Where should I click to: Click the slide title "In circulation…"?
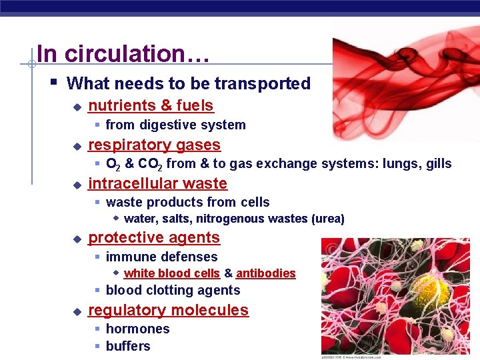[123, 53]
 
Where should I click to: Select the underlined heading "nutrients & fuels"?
[151, 105]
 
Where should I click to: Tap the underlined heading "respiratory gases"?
[154, 145]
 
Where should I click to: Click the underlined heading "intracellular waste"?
[157, 183]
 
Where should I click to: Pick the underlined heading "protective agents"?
[153, 237]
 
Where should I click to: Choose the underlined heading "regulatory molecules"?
[168, 310]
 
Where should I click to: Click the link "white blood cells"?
[171, 273]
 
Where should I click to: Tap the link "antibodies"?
[265, 273]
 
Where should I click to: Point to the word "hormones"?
[137, 329]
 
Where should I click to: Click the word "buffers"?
[128, 346]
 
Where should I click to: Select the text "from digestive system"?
[175, 125]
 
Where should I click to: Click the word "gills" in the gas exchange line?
[436, 163]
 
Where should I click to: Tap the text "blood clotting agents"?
[173, 290]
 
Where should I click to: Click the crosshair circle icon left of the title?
[31, 65]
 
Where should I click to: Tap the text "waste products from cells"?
[187, 202]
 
